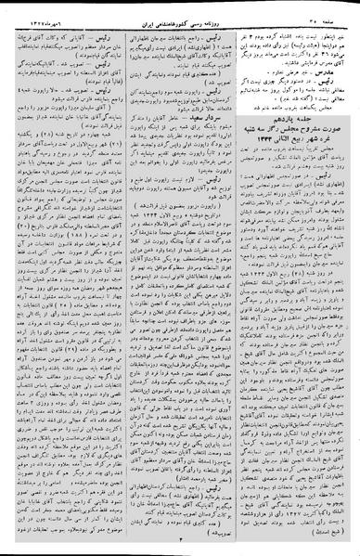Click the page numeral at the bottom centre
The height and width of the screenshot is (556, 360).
179,544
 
